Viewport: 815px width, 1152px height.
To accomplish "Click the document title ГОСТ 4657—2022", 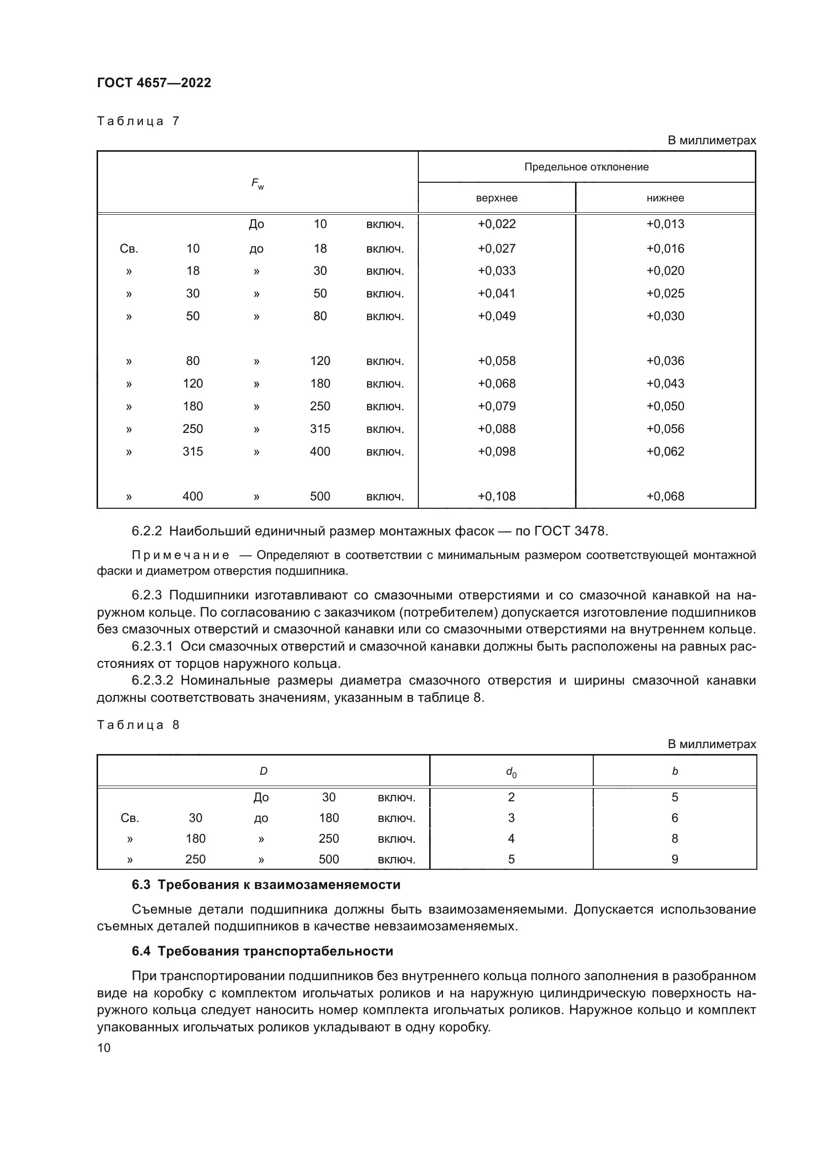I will click(x=154, y=83).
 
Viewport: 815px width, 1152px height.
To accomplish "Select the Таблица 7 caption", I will click(x=138, y=121).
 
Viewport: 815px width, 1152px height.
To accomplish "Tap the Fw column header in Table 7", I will click(x=257, y=184).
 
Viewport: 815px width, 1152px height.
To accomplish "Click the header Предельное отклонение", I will click(x=586, y=167).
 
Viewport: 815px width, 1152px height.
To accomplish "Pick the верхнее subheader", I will click(x=496, y=198).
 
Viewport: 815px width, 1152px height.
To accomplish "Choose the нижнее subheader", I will click(x=665, y=198).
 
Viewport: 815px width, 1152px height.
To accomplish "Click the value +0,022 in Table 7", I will click(x=496, y=224).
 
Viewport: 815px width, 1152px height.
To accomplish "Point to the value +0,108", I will click(x=496, y=496).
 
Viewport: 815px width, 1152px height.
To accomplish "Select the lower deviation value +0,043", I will click(x=665, y=383).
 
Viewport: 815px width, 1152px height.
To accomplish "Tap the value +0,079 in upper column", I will click(x=496, y=406).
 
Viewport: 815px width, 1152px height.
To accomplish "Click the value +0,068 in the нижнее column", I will click(x=665, y=496).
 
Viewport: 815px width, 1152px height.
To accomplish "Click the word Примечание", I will click(x=181, y=555).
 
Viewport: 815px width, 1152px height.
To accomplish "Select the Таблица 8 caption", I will click(x=138, y=724).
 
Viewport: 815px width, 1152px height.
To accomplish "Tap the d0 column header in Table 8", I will click(x=511, y=772).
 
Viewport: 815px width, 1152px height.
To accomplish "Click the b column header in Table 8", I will click(x=675, y=771).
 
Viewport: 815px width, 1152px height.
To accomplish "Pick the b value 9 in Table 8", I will click(x=675, y=859).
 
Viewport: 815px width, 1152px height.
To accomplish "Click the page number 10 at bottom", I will click(x=104, y=1048).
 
